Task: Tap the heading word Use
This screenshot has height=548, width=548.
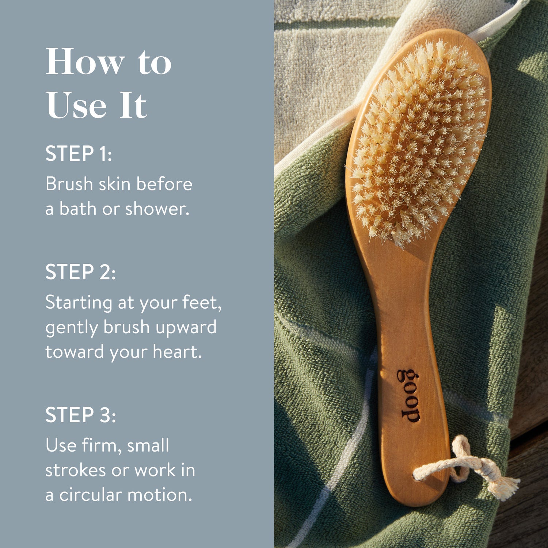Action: click(x=76, y=105)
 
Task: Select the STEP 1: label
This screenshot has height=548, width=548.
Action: click(x=79, y=153)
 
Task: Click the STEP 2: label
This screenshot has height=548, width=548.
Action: click(x=80, y=272)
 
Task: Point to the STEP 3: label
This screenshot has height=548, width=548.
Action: click(x=80, y=415)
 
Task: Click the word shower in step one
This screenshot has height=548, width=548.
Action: click(x=157, y=209)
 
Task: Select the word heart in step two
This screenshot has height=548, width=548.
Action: click(x=177, y=352)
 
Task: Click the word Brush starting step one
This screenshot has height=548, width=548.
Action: click(x=69, y=184)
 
